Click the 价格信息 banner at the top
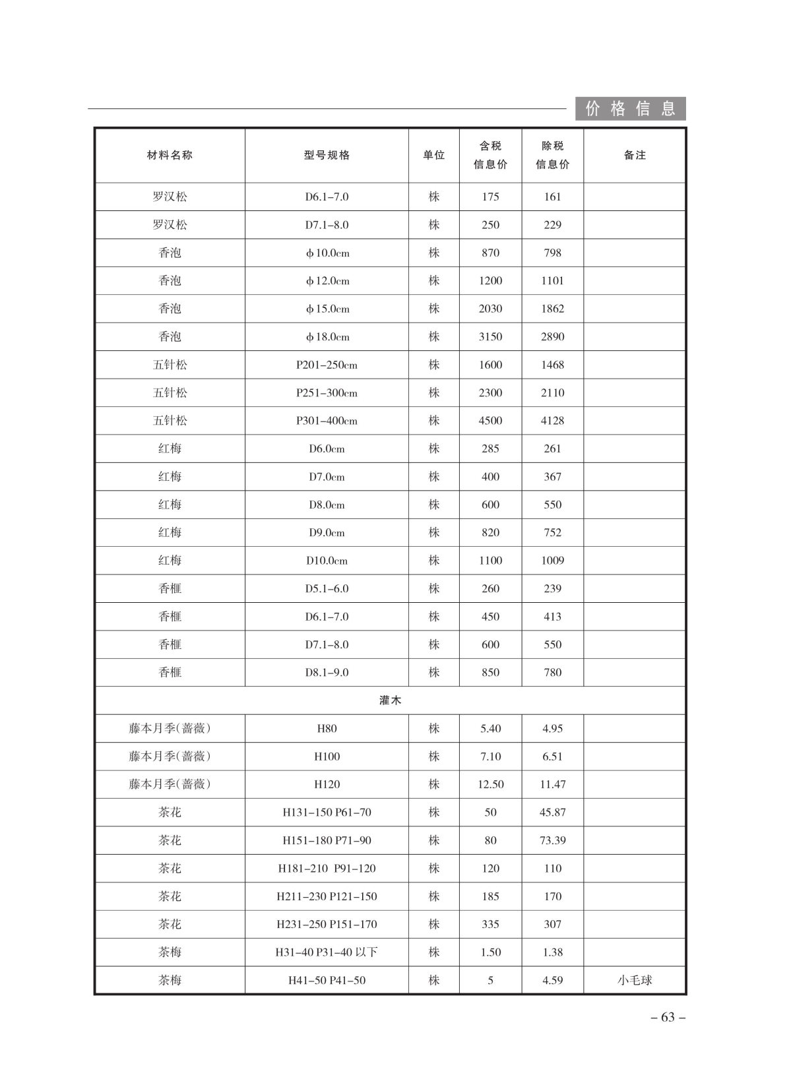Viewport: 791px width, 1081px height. coord(630,108)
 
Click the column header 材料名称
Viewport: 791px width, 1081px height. coord(170,155)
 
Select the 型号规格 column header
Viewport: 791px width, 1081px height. coord(327,155)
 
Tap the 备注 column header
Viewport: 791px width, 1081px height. coord(635,155)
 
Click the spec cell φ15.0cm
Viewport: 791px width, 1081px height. coord(327,309)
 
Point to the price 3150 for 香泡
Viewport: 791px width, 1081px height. coord(490,336)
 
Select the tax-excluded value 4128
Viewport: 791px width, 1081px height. coord(552,420)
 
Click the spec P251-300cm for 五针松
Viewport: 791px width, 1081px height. coord(327,392)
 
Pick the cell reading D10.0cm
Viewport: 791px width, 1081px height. coord(327,561)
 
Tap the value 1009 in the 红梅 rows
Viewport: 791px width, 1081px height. coord(552,561)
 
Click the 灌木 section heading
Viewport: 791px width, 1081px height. coord(390,700)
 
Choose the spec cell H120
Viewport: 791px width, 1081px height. coord(327,784)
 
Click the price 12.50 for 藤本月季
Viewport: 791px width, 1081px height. coord(490,784)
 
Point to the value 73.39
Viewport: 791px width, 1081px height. coord(552,840)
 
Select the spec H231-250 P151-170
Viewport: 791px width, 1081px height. coord(327,924)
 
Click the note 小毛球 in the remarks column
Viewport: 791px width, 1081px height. coord(635,980)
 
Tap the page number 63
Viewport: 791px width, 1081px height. coord(668,1017)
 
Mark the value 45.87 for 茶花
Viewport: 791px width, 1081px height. coord(552,813)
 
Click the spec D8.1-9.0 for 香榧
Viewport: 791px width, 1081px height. coord(327,672)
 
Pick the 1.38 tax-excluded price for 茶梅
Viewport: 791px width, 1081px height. coord(552,952)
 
